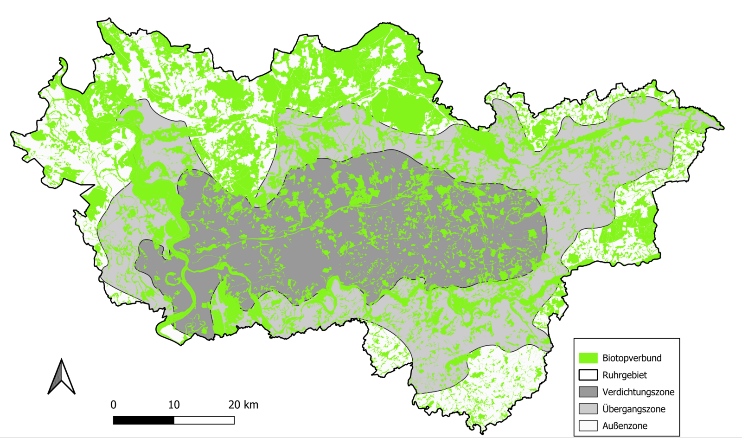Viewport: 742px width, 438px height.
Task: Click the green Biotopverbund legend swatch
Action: coord(588,358)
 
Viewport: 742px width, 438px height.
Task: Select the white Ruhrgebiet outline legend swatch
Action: coord(588,375)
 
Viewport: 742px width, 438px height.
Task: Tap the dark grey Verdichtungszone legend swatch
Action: coord(588,392)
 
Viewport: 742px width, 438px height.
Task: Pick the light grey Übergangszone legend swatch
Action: coord(588,409)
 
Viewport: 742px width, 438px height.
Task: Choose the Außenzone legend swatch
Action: coord(588,425)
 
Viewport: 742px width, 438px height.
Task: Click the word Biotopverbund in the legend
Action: coord(632,358)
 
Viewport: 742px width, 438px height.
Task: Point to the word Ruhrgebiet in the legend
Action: coord(624,375)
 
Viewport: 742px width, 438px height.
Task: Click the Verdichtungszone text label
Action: coord(638,392)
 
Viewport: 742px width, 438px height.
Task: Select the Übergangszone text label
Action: coord(633,409)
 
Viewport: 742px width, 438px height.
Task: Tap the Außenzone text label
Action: coord(625,425)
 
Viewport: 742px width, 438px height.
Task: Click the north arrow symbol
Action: coord(61,377)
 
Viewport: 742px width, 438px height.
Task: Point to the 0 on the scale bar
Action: coord(114,405)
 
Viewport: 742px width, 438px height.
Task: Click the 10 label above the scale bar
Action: coord(174,405)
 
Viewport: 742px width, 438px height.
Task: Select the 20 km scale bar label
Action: coord(243,405)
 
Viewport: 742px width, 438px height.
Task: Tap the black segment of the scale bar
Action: coord(144,420)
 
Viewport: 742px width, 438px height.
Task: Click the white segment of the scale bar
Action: coord(204,420)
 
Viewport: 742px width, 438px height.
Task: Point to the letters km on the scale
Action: coord(251,405)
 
